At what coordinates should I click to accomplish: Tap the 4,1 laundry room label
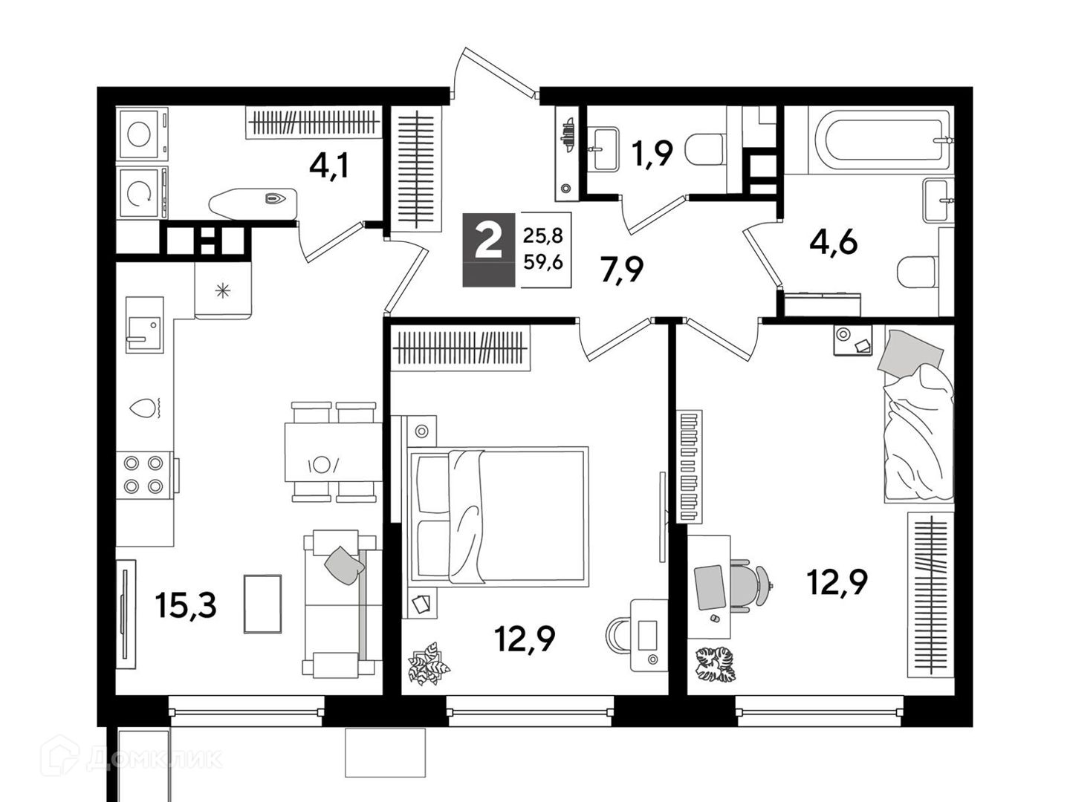click(x=329, y=166)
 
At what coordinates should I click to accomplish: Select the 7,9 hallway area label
click(x=622, y=270)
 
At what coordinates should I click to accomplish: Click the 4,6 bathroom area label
click(x=833, y=243)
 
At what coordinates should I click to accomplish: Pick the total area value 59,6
click(x=543, y=263)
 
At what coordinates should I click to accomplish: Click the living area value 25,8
click(x=543, y=237)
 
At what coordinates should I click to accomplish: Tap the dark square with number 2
click(x=488, y=250)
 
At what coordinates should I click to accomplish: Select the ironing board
click(x=253, y=201)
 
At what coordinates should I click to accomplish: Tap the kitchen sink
click(x=145, y=325)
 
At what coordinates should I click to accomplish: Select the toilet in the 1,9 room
click(x=704, y=150)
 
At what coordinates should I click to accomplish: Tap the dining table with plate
click(x=334, y=452)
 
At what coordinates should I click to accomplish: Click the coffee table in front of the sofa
click(x=263, y=604)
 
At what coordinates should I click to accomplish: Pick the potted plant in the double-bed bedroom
click(x=429, y=662)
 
